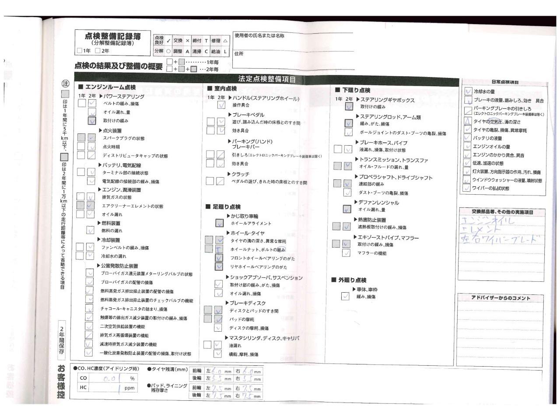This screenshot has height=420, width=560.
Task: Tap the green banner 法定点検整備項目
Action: tap(267, 79)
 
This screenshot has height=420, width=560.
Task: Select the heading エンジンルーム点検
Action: tap(107, 87)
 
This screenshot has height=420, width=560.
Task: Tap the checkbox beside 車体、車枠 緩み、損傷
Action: tap(345, 296)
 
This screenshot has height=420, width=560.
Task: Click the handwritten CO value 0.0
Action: tap(109, 378)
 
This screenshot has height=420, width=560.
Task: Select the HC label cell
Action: tap(83, 388)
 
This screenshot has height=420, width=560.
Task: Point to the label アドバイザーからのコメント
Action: tap(500, 298)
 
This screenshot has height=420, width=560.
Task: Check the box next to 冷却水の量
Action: tap(468, 91)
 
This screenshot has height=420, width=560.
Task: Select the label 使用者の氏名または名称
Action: tap(259, 36)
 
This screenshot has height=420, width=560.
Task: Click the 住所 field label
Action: tap(239, 54)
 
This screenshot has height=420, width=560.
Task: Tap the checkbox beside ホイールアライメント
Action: tap(219, 223)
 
